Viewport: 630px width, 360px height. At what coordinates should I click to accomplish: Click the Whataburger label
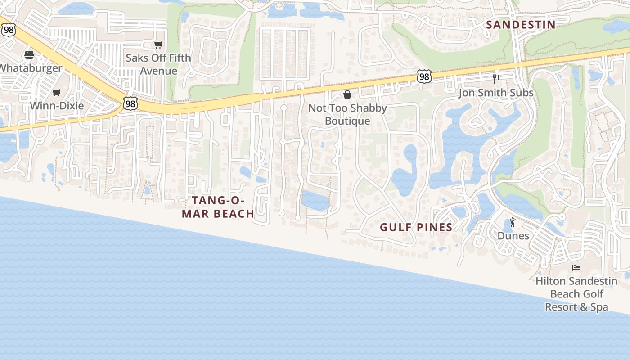(x=31, y=68)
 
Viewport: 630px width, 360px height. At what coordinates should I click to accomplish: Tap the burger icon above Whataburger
(x=29, y=55)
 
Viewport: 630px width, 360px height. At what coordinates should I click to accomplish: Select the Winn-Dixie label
(x=57, y=106)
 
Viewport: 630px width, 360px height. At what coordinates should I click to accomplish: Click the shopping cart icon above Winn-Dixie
(x=56, y=93)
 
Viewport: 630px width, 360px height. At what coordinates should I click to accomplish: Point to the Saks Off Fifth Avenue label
(x=158, y=64)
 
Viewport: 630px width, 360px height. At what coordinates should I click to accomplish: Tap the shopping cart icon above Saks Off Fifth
(x=158, y=45)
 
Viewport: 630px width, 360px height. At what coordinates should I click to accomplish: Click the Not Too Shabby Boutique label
(x=347, y=114)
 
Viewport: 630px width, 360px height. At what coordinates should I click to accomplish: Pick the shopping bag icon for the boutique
(x=347, y=94)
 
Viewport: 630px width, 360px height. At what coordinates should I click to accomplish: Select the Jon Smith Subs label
(x=496, y=93)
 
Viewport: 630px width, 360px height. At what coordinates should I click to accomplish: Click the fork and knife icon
(x=496, y=79)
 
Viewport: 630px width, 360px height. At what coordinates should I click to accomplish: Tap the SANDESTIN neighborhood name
(x=521, y=25)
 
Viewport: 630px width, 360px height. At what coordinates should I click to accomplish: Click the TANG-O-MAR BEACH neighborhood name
(x=218, y=207)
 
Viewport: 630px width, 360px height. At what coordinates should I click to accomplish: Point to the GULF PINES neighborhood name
(x=416, y=227)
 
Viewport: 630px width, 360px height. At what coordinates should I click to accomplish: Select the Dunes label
(x=513, y=236)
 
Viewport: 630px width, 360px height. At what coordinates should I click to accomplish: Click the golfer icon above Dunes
(x=513, y=222)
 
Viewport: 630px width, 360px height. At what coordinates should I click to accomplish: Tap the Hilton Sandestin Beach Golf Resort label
(x=576, y=294)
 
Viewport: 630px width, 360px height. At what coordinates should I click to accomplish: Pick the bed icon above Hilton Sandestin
(x=576, y=268)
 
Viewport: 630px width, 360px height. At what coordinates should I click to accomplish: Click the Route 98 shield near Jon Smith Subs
(x=424, y=77)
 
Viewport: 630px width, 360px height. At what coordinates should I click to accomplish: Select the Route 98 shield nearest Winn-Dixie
(x=130, y=104)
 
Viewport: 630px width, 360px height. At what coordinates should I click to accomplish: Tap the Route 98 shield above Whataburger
(x=8, y=29)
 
